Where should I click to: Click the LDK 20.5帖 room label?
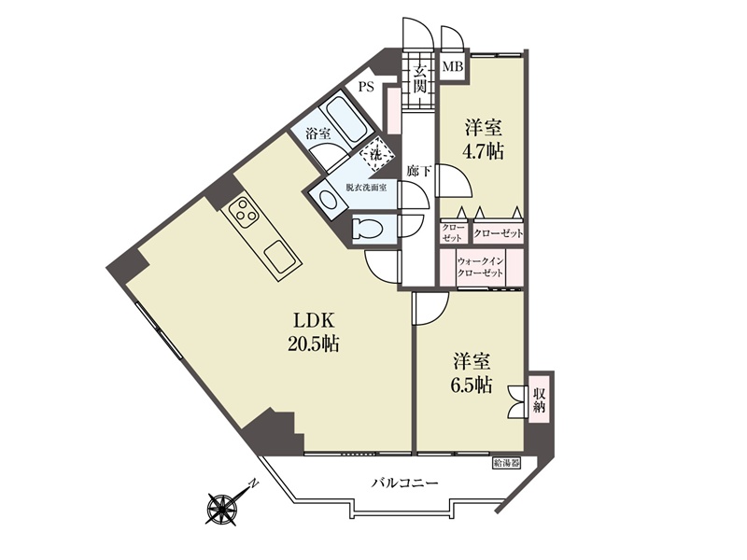(x=313, y=331)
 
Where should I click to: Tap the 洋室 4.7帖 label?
(x=482, y=139)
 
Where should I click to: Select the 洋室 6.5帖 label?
(x=472, y=372)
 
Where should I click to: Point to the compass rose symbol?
(x=222, y=508)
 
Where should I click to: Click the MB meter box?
(x=453, y=66)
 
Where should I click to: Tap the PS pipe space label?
(x=366, y=87)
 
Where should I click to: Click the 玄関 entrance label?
(x=418, y=79)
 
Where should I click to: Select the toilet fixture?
(x=368, y=228)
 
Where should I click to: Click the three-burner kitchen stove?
(x=243, y=213)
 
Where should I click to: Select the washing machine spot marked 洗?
(x=377, y=154)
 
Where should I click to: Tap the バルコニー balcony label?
(x=404, y=483)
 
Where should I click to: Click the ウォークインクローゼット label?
(x=480, y=268)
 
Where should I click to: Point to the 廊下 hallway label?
(x=418, y=171)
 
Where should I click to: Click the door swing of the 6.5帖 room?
(x=432, y=309)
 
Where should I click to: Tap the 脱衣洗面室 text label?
(x=366, y=188)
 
